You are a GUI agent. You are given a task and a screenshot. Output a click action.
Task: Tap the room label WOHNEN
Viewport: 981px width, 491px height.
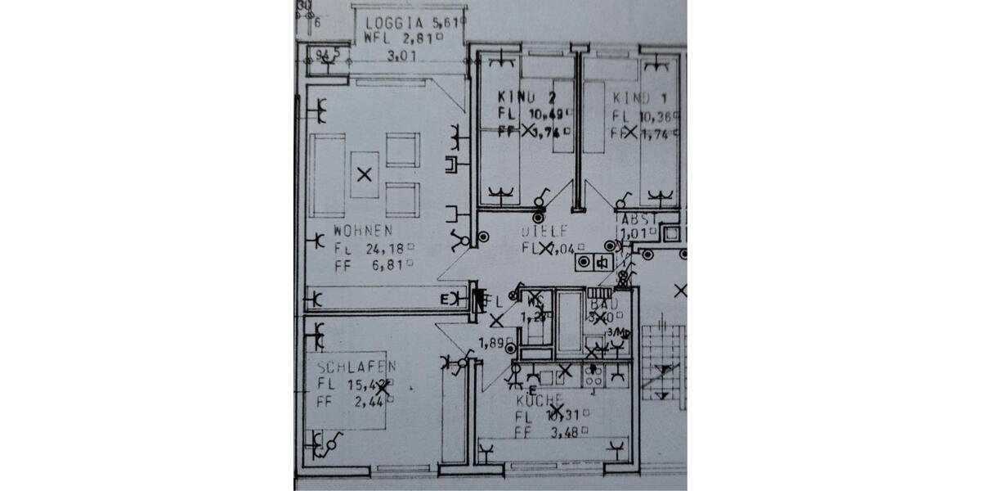point(363,231)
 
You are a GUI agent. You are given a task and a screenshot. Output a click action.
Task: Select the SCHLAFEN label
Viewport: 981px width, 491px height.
point(356,367)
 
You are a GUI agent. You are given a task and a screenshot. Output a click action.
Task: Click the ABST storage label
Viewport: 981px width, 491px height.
point(638,219)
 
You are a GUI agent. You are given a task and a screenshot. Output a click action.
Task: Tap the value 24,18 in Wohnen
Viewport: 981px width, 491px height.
point(384,248)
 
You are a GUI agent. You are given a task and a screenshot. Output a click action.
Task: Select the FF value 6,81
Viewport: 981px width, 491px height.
point(384,264)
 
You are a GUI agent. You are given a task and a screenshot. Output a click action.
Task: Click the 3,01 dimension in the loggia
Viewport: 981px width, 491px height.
point(401,56)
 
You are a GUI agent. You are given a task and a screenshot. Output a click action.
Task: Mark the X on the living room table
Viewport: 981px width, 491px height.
point(365,173)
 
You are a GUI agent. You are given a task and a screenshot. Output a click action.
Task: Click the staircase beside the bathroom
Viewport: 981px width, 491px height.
point(661,360)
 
